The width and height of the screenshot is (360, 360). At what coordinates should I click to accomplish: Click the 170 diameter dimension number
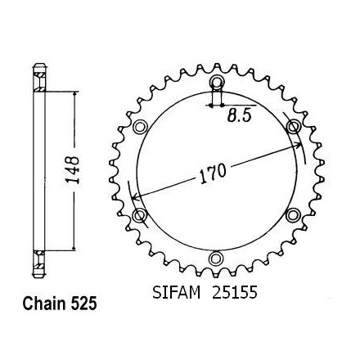(x=214, y=173)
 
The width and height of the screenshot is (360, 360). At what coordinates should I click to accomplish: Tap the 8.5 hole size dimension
(x=239, y=116)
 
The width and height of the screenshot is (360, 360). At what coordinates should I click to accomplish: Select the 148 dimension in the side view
(x=74, y=170)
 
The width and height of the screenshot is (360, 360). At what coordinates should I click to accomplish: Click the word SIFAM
(x=176, y=292)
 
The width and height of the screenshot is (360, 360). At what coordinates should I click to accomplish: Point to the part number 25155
(x=235, y=292)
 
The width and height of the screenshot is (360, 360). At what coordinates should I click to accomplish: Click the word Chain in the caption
(x=45, y=304)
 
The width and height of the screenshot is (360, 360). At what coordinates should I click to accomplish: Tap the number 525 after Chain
(x=83, y=304)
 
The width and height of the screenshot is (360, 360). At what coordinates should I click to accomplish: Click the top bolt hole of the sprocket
(x=216, y=82)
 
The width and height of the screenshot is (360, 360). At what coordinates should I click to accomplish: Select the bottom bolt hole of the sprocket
(x=215, y=259)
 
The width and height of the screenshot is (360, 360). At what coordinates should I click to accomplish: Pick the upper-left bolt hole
(x=140, y=127)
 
